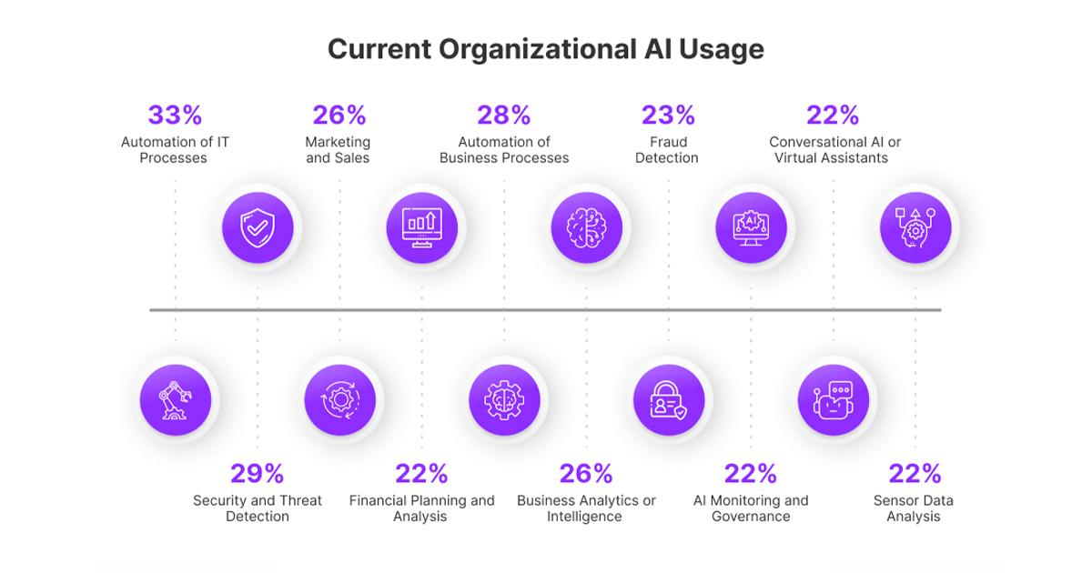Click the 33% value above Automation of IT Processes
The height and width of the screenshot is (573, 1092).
click(x=175, y=116)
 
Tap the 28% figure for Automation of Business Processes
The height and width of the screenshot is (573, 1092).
click(x=504, y=116)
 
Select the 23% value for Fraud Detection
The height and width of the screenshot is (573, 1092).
click(x=668, y=116)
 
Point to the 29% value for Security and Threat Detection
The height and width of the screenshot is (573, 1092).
click(x=258, y=474)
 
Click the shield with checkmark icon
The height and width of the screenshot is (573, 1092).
click(x=258, y=227)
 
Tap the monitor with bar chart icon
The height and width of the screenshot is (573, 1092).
click(x=421, y=227)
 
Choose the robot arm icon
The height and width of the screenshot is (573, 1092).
click(x=176, y=399)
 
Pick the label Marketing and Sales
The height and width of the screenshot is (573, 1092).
click(x=339, y=150)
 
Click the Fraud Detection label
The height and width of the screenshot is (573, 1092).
click(x=668, y=150)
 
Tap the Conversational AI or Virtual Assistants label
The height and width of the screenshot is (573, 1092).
click(x=834, y=150)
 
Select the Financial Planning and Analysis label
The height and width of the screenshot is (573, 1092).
click(x=421, y=508)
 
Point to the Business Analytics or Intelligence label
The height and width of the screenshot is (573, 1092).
click(x=586, y=508)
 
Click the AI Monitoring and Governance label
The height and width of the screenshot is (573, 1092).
click(x=751, y=508)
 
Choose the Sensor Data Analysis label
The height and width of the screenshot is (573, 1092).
click(x=914, y=508)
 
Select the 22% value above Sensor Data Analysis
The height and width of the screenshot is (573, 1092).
click(x=915, y=474)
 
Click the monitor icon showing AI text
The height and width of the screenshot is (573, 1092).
click(x=751, y=227)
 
